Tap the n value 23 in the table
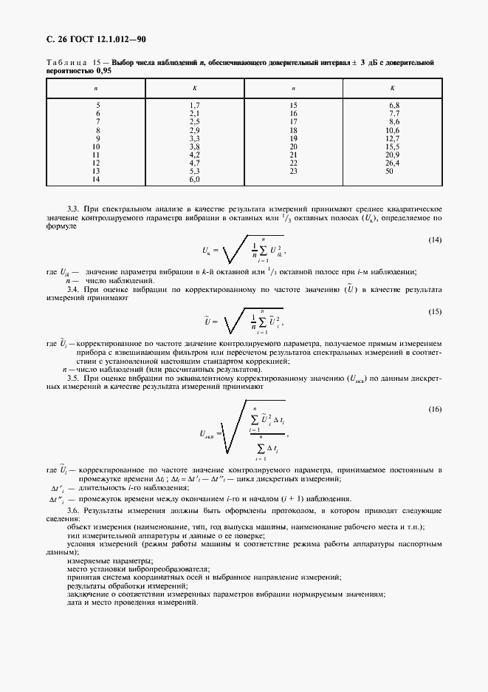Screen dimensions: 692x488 (x=293, y=171)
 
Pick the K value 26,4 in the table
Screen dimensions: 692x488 (x=393, y=163)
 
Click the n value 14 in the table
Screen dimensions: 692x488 (x=96, y=179)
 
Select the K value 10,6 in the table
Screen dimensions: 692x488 (x=393, y=130)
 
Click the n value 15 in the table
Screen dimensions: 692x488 (x=293, y=106)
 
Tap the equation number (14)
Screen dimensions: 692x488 (x=435, y=240)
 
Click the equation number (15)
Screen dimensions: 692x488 (x=435, y=312)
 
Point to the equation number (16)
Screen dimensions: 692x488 (x=435, y=409)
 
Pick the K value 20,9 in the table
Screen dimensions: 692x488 (x=393, y=155)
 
